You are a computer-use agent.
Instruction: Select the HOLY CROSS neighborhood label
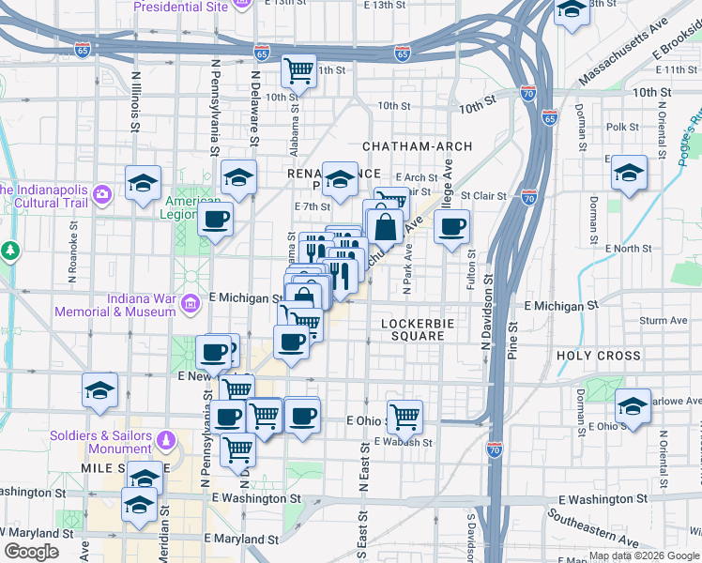599,356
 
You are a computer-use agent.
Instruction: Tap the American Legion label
194,208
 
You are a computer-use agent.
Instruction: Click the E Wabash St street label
404,442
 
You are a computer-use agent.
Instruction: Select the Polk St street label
622,127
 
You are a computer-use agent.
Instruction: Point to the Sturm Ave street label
664,321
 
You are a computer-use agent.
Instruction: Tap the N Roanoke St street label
72,252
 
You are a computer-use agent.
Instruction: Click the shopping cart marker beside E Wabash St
404,415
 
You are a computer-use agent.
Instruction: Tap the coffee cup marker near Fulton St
452,226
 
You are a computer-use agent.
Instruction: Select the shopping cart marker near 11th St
298,70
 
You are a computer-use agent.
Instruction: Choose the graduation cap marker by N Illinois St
144,182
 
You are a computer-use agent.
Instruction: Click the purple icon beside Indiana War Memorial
191,303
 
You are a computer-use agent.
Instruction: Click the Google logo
33,552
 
